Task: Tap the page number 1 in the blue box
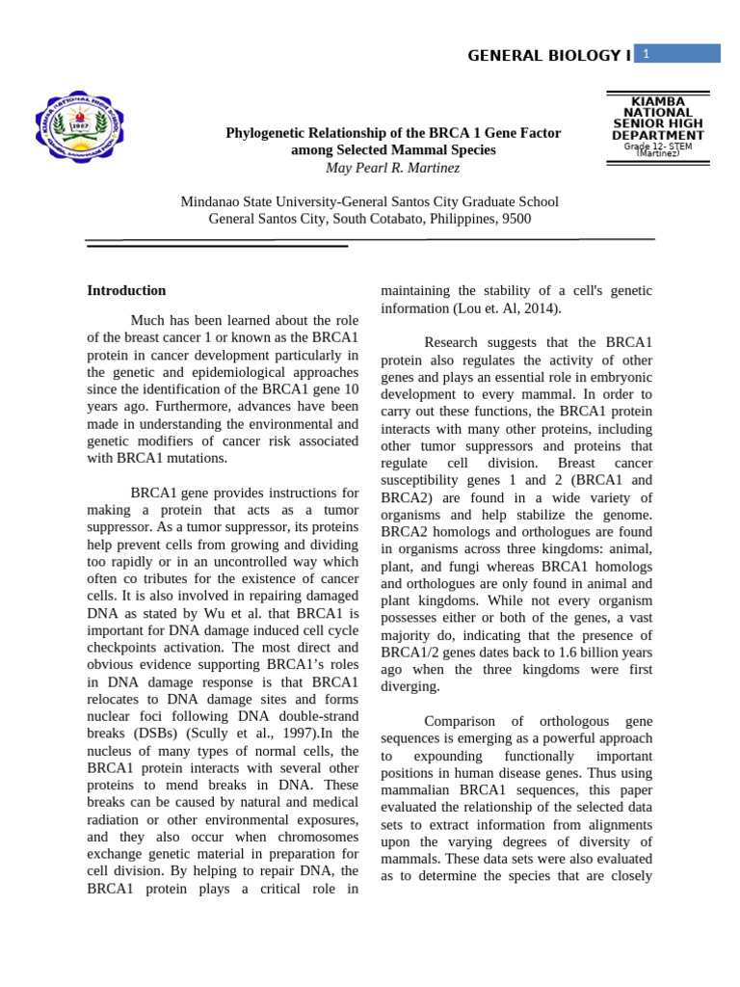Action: (647, 54)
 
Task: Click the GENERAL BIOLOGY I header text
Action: (548, 56)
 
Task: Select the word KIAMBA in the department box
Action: (658, 101)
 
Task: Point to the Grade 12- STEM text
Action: (657, 147)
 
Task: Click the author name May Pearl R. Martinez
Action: (393, 168)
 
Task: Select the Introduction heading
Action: (126, 290)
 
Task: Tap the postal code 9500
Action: (514, 219)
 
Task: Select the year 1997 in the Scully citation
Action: (310, 734)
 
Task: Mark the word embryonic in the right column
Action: (615, 377)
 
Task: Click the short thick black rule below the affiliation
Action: (217, 246)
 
